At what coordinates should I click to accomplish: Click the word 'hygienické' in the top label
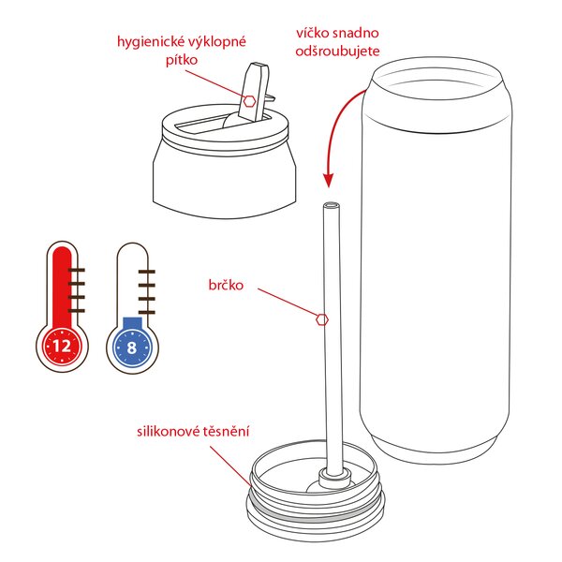point(144,41)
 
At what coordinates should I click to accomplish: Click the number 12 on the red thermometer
point(62,346)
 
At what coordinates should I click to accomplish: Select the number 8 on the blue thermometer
point(132,346)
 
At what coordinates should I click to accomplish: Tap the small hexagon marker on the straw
point(322,318)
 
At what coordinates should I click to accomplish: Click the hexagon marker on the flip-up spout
point(251,99)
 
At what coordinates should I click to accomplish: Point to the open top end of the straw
point(331,204)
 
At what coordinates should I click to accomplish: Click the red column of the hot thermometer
point(62,286)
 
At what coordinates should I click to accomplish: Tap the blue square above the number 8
point(132,324)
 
